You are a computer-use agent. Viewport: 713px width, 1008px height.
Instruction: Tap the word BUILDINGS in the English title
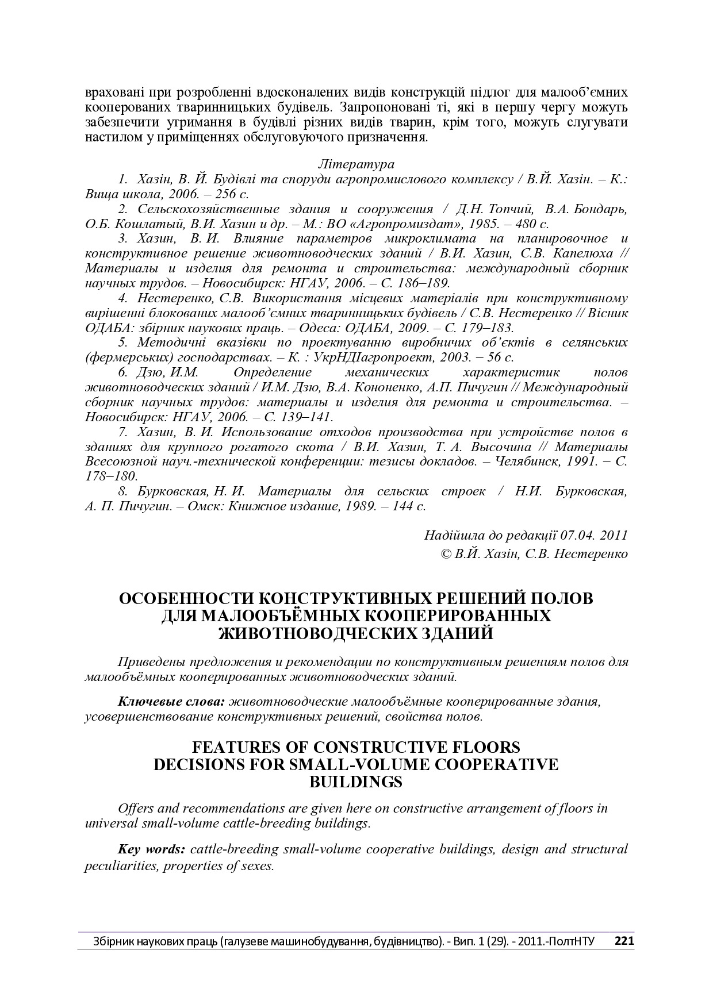[356, 782]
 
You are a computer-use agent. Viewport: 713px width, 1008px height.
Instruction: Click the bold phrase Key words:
[151, 849]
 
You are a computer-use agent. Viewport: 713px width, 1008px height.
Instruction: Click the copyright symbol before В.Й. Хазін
[444, 554]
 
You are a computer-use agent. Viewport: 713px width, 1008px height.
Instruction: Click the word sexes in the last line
[256, 865]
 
